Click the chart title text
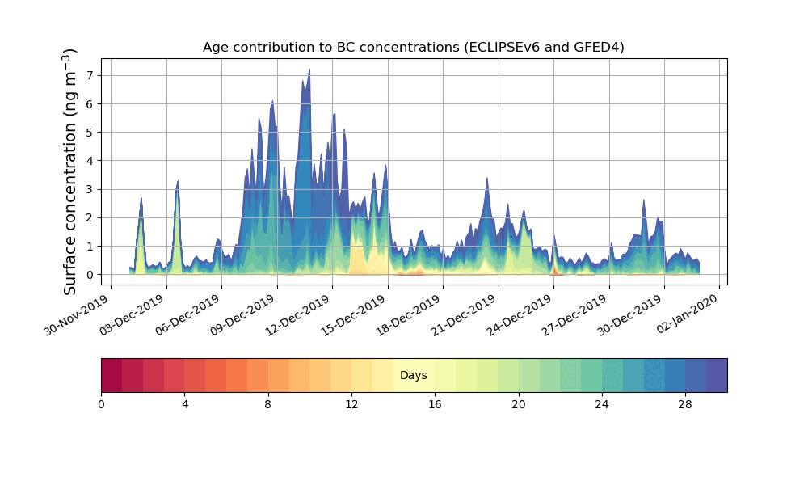click(x=413, y=48)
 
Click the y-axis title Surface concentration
click(x=70, y=171)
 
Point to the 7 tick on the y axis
click(x=90, y=75)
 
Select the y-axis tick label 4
click(x=90, y=161)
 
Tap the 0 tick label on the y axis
click(x=90, y=275)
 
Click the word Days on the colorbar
click(x=413, y=376)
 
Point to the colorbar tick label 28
click(x=685, y=404)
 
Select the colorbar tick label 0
click(x=101, y=404)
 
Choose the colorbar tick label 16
click(x=435, y=404)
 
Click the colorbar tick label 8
click(x=268, y=404)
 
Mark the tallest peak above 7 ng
click(x=309, y=70)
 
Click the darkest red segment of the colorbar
click(x=112, y=375)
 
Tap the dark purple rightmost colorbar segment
click(x=716, y=375)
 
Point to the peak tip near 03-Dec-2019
click(x=178, y=181)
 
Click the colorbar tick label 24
click(x=602, y=404)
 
